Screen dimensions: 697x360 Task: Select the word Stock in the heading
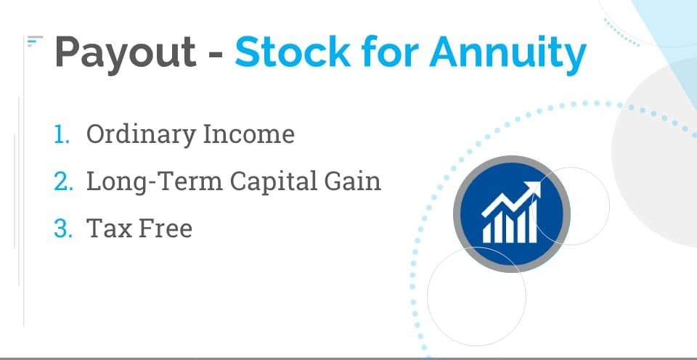pos(293,51)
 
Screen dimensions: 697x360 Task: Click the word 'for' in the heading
pos(389,51)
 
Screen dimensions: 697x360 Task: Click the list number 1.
pos(61,134)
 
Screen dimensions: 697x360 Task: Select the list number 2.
pos(63,181)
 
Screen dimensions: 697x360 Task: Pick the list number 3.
pos(63,228)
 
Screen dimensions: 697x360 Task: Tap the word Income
pos(248,134)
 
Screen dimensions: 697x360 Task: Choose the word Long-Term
pos(154,181)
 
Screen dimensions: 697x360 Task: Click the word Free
pos(166,228)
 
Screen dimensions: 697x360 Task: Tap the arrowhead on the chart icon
pos(534,189)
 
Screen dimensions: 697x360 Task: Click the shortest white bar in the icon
pos(487,232)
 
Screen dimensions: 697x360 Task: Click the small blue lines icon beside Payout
pos(35,41)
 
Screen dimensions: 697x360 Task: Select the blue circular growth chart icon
pos(511,213)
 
